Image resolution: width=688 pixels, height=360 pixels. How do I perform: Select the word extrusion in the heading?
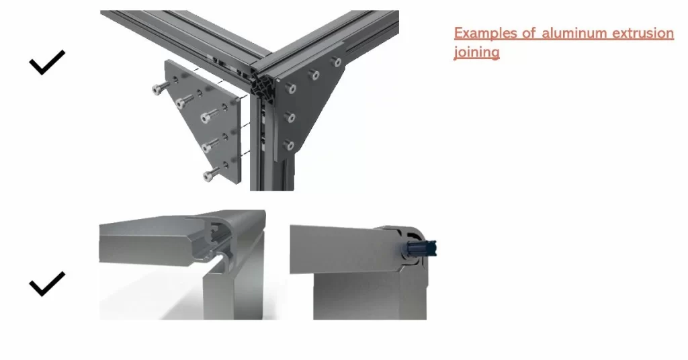coord(642,33)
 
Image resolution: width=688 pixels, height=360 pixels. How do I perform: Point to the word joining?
coord(476,52)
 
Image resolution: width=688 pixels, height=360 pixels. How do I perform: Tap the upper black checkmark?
coord(47,63)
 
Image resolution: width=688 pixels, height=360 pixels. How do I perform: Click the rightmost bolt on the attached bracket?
coord(336,62)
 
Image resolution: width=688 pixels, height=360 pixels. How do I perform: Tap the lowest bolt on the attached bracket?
coord(290,144)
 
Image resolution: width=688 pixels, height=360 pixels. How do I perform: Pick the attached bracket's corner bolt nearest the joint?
coord(290,87)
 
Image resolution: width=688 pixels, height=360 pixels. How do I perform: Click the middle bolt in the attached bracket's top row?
coord(313,75)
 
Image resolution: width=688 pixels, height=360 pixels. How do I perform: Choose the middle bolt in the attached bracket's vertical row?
coord(290,118)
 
